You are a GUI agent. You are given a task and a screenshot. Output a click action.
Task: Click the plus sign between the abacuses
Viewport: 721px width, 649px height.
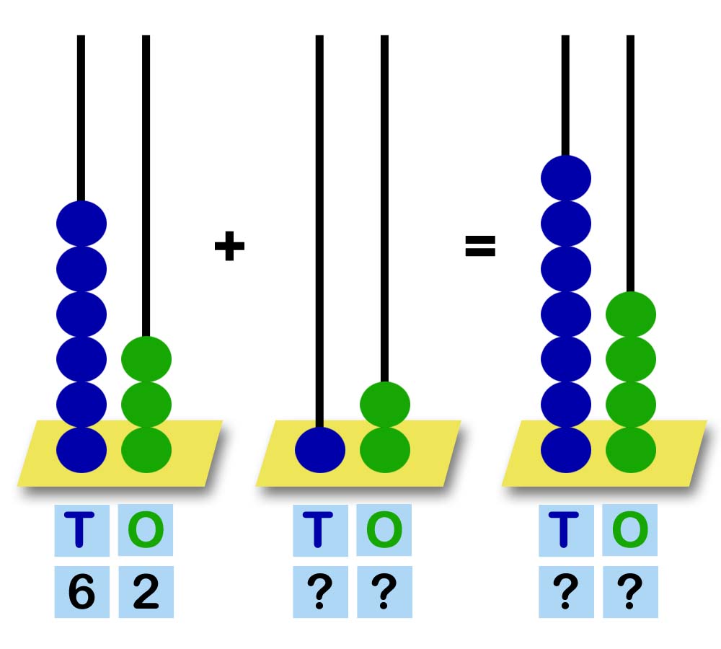(x=229, y=247)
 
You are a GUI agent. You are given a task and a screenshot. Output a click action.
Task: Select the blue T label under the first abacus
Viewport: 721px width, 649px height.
(x=81, y=530)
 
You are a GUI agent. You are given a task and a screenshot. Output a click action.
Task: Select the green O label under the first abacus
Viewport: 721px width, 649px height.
(x=146, y=530)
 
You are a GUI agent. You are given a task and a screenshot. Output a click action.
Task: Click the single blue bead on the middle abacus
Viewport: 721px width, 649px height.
(x=320, y=450)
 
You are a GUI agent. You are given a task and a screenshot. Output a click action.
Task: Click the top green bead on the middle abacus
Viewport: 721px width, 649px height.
(x=385, y=405)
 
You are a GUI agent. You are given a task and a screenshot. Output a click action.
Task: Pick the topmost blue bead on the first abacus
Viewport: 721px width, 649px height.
(x=81, y=223)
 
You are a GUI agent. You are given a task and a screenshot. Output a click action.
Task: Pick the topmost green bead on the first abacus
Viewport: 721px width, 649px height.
(x=146, y=359)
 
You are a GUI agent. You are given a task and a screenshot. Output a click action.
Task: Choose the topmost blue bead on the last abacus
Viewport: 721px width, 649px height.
(x=566, y=177)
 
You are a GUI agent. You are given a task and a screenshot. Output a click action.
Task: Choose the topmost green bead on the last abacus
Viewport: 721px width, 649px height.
(x=631, y=314)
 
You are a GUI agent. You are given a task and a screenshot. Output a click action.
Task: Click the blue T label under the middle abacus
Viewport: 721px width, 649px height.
(x=320, y=530)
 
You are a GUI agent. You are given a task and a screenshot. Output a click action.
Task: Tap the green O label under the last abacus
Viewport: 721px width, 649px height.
(x=630, y=530)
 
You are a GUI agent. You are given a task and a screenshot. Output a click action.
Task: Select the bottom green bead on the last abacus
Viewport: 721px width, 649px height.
(x=631, y=450)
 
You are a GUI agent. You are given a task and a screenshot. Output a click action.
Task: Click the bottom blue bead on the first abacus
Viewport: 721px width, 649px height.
(x=81, y=450)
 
